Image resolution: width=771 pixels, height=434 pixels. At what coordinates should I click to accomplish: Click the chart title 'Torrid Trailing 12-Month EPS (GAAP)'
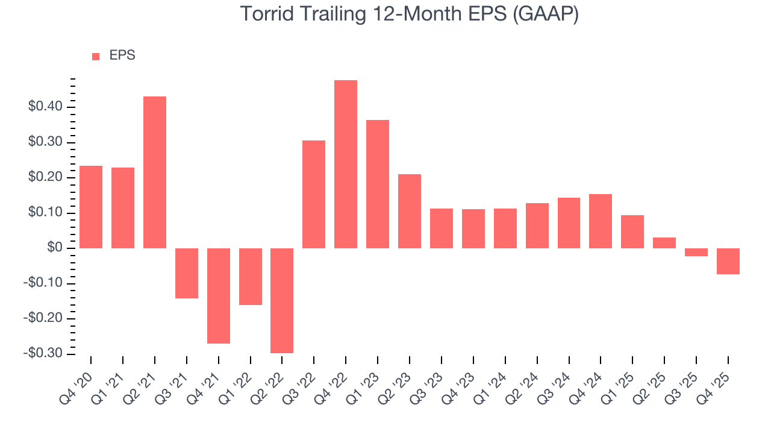410,14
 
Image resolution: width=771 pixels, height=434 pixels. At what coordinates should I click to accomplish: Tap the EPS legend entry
114,55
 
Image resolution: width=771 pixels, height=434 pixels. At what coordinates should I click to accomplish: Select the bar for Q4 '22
346,164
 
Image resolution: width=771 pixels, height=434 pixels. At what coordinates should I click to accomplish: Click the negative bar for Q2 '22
282,300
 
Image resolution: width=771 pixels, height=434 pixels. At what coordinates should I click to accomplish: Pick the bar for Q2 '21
155,172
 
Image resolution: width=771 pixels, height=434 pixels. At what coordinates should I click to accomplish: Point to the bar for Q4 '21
219,295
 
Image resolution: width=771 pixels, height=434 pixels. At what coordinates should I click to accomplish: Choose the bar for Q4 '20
91,207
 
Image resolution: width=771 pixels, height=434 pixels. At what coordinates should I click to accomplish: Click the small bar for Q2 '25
664,243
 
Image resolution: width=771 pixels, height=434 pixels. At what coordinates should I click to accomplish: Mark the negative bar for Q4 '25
728,261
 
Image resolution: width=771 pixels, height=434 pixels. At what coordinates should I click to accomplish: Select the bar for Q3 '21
187,273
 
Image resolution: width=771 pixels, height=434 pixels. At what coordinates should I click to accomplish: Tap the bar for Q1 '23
378,184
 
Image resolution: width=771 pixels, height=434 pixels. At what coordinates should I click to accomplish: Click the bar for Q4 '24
601,221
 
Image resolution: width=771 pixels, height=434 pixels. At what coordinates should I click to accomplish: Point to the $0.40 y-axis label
45,107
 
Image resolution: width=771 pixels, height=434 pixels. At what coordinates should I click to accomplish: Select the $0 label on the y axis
55,248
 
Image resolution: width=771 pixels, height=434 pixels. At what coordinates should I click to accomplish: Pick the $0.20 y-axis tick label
45,178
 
